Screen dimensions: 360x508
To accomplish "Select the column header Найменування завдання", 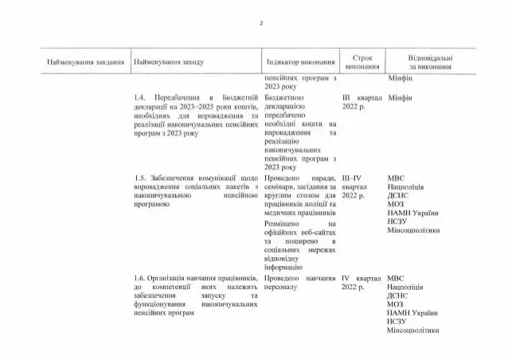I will click(x=85, y=61).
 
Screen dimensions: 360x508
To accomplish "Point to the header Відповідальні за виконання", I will click(x=430, y=62).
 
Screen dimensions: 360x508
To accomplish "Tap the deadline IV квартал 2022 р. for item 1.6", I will click(x=361, y=283).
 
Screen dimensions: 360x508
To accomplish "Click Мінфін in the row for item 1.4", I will click(x=400, y=97).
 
